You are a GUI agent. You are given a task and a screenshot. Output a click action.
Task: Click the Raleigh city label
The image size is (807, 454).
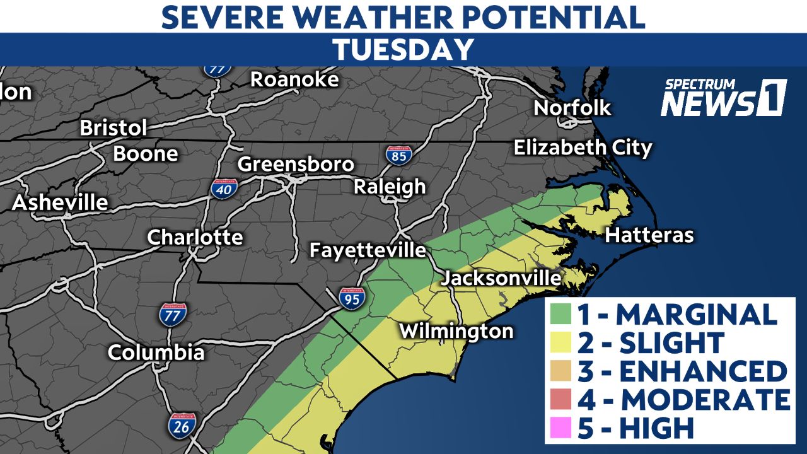coord(389,187)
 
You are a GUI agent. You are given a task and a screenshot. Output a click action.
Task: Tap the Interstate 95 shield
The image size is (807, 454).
coord(351,298)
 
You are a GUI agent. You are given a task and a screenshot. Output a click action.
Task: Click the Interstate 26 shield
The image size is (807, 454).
coord(181,426)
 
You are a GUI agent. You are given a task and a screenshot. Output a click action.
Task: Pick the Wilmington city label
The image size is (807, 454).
coord(456,331)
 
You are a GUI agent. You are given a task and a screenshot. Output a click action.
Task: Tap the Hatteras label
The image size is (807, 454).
coord(649,236)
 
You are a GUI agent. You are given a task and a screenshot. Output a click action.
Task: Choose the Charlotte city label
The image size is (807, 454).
coord(195,237)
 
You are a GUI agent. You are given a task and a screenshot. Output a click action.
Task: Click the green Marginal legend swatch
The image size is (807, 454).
coord(563,314)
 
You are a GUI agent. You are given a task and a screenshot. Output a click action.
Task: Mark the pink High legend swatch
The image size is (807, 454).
coord(563,428)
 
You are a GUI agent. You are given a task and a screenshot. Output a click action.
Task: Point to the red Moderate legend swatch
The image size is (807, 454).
coord(563,399)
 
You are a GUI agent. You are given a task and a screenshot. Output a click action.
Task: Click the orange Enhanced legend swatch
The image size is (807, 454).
coord(563,371)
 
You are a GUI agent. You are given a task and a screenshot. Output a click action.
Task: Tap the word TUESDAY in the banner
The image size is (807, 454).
coord(403,50)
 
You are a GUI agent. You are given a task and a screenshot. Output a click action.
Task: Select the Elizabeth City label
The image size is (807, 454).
coord(583,148)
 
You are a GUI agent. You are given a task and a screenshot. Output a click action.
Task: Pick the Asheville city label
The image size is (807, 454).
coord(60,203)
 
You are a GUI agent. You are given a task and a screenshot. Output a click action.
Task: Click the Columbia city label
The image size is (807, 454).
coord(156,352)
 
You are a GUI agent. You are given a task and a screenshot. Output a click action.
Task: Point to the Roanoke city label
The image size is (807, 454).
coord(294,79)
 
